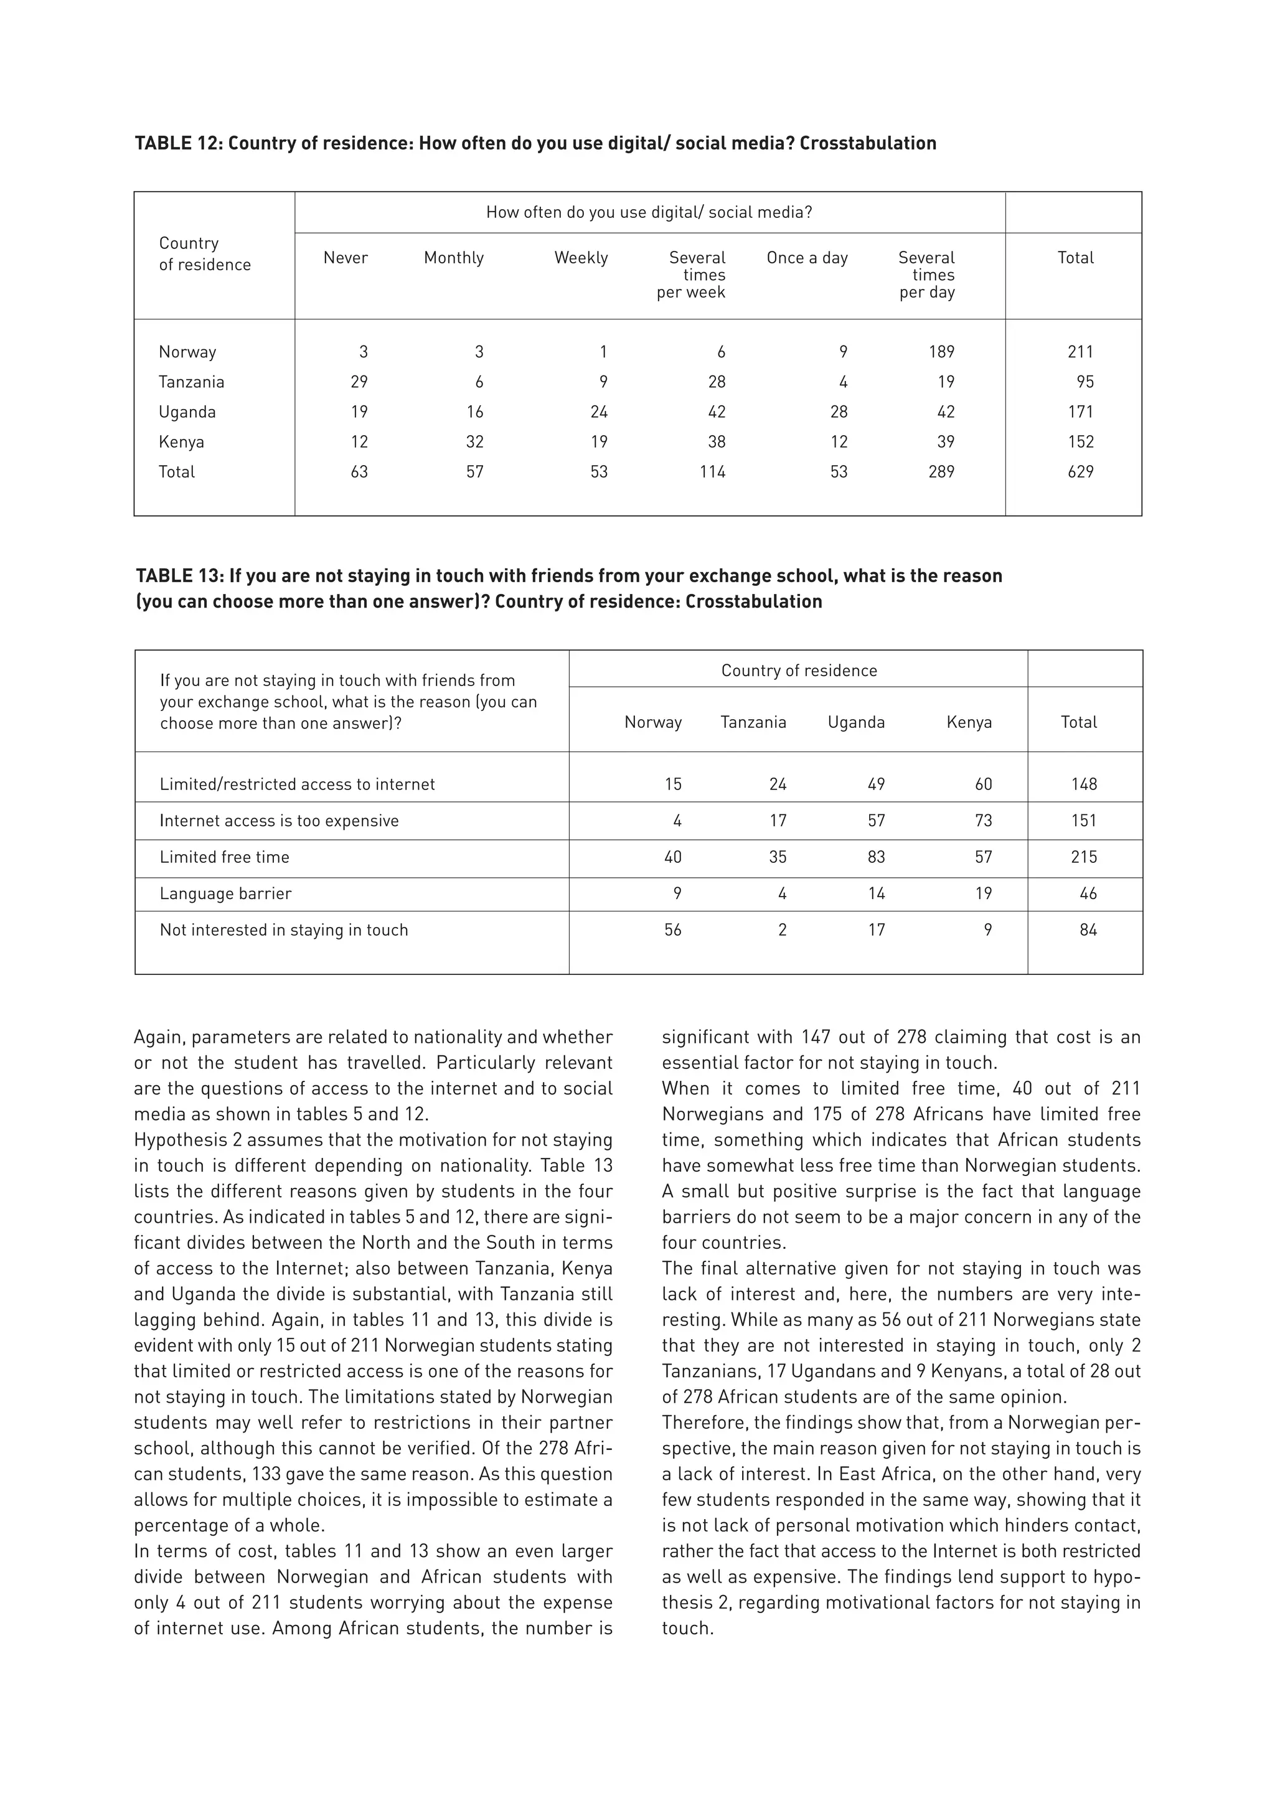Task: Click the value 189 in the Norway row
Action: coord(941,352)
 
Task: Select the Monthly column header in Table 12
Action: coord(454,258)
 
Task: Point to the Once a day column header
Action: coord(807,258)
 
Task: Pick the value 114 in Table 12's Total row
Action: coord(713,471)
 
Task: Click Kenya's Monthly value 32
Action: coord(474,441)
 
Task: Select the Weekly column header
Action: coord(581,258)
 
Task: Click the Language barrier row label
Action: coord(225,893)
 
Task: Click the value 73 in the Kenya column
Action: coord(983,821)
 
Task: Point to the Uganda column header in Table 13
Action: coord(856,722)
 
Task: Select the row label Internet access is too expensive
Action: coord(279,821)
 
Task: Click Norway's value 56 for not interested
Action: coord(673,930)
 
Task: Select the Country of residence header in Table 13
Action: coord(799,671)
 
